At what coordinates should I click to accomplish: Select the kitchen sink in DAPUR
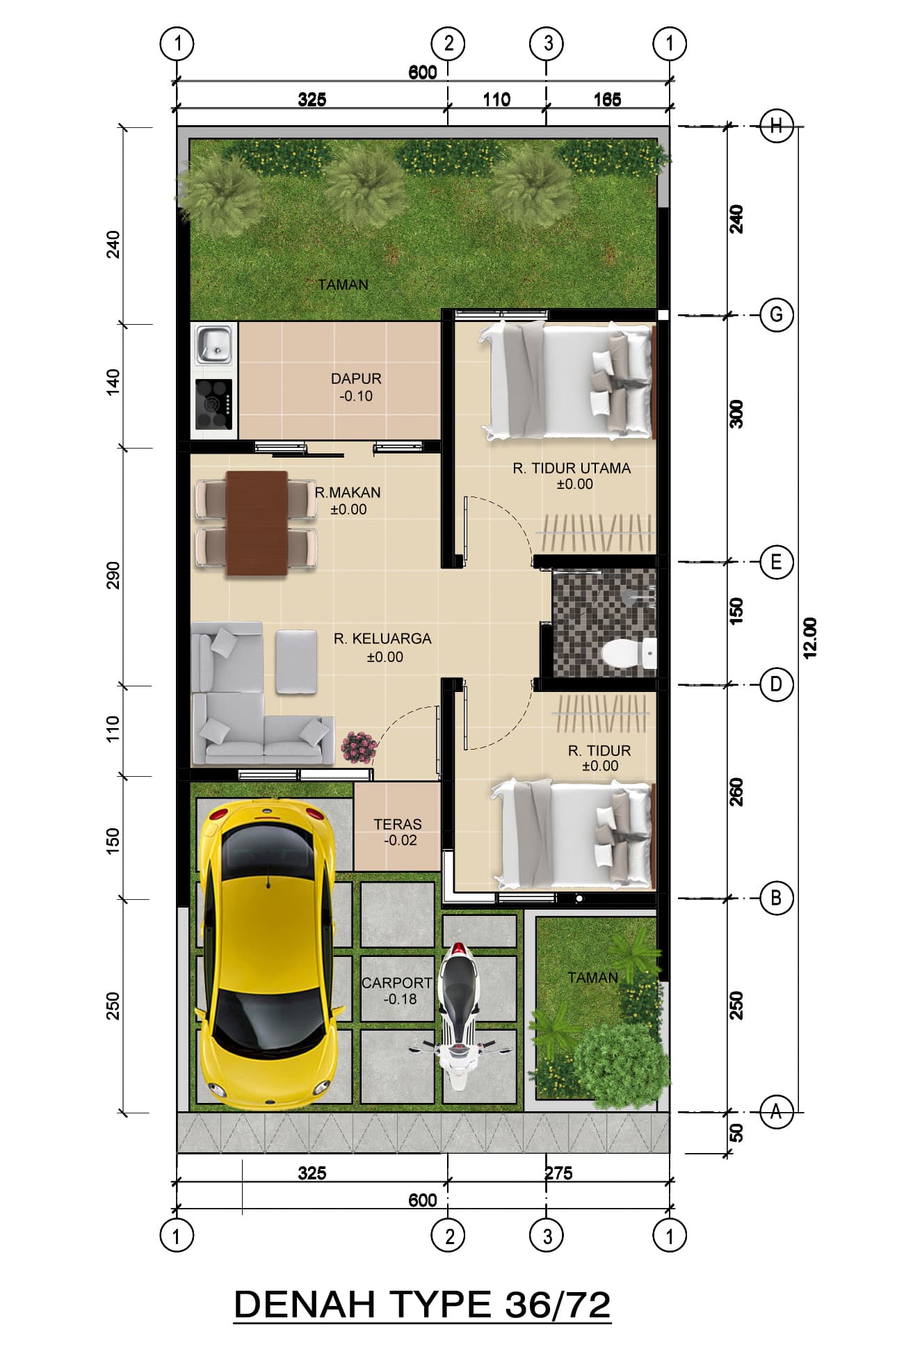213,346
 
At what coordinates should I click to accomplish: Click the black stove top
213,404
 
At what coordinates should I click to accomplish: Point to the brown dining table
257,523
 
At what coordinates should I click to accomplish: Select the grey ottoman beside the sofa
296,661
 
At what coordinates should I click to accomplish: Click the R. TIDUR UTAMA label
572,469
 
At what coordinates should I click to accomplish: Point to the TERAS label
398,824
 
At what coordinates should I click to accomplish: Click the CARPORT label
397,983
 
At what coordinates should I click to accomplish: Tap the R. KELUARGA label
382,638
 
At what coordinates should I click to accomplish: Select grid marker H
776,126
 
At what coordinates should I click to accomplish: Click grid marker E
776,561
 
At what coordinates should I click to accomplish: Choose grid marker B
776,898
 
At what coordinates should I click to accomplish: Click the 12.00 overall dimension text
810,637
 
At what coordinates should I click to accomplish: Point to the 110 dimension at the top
496,99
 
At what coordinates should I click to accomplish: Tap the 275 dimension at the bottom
558,1173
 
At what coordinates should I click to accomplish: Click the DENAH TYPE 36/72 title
422,1305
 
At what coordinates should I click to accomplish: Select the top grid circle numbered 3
547,44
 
